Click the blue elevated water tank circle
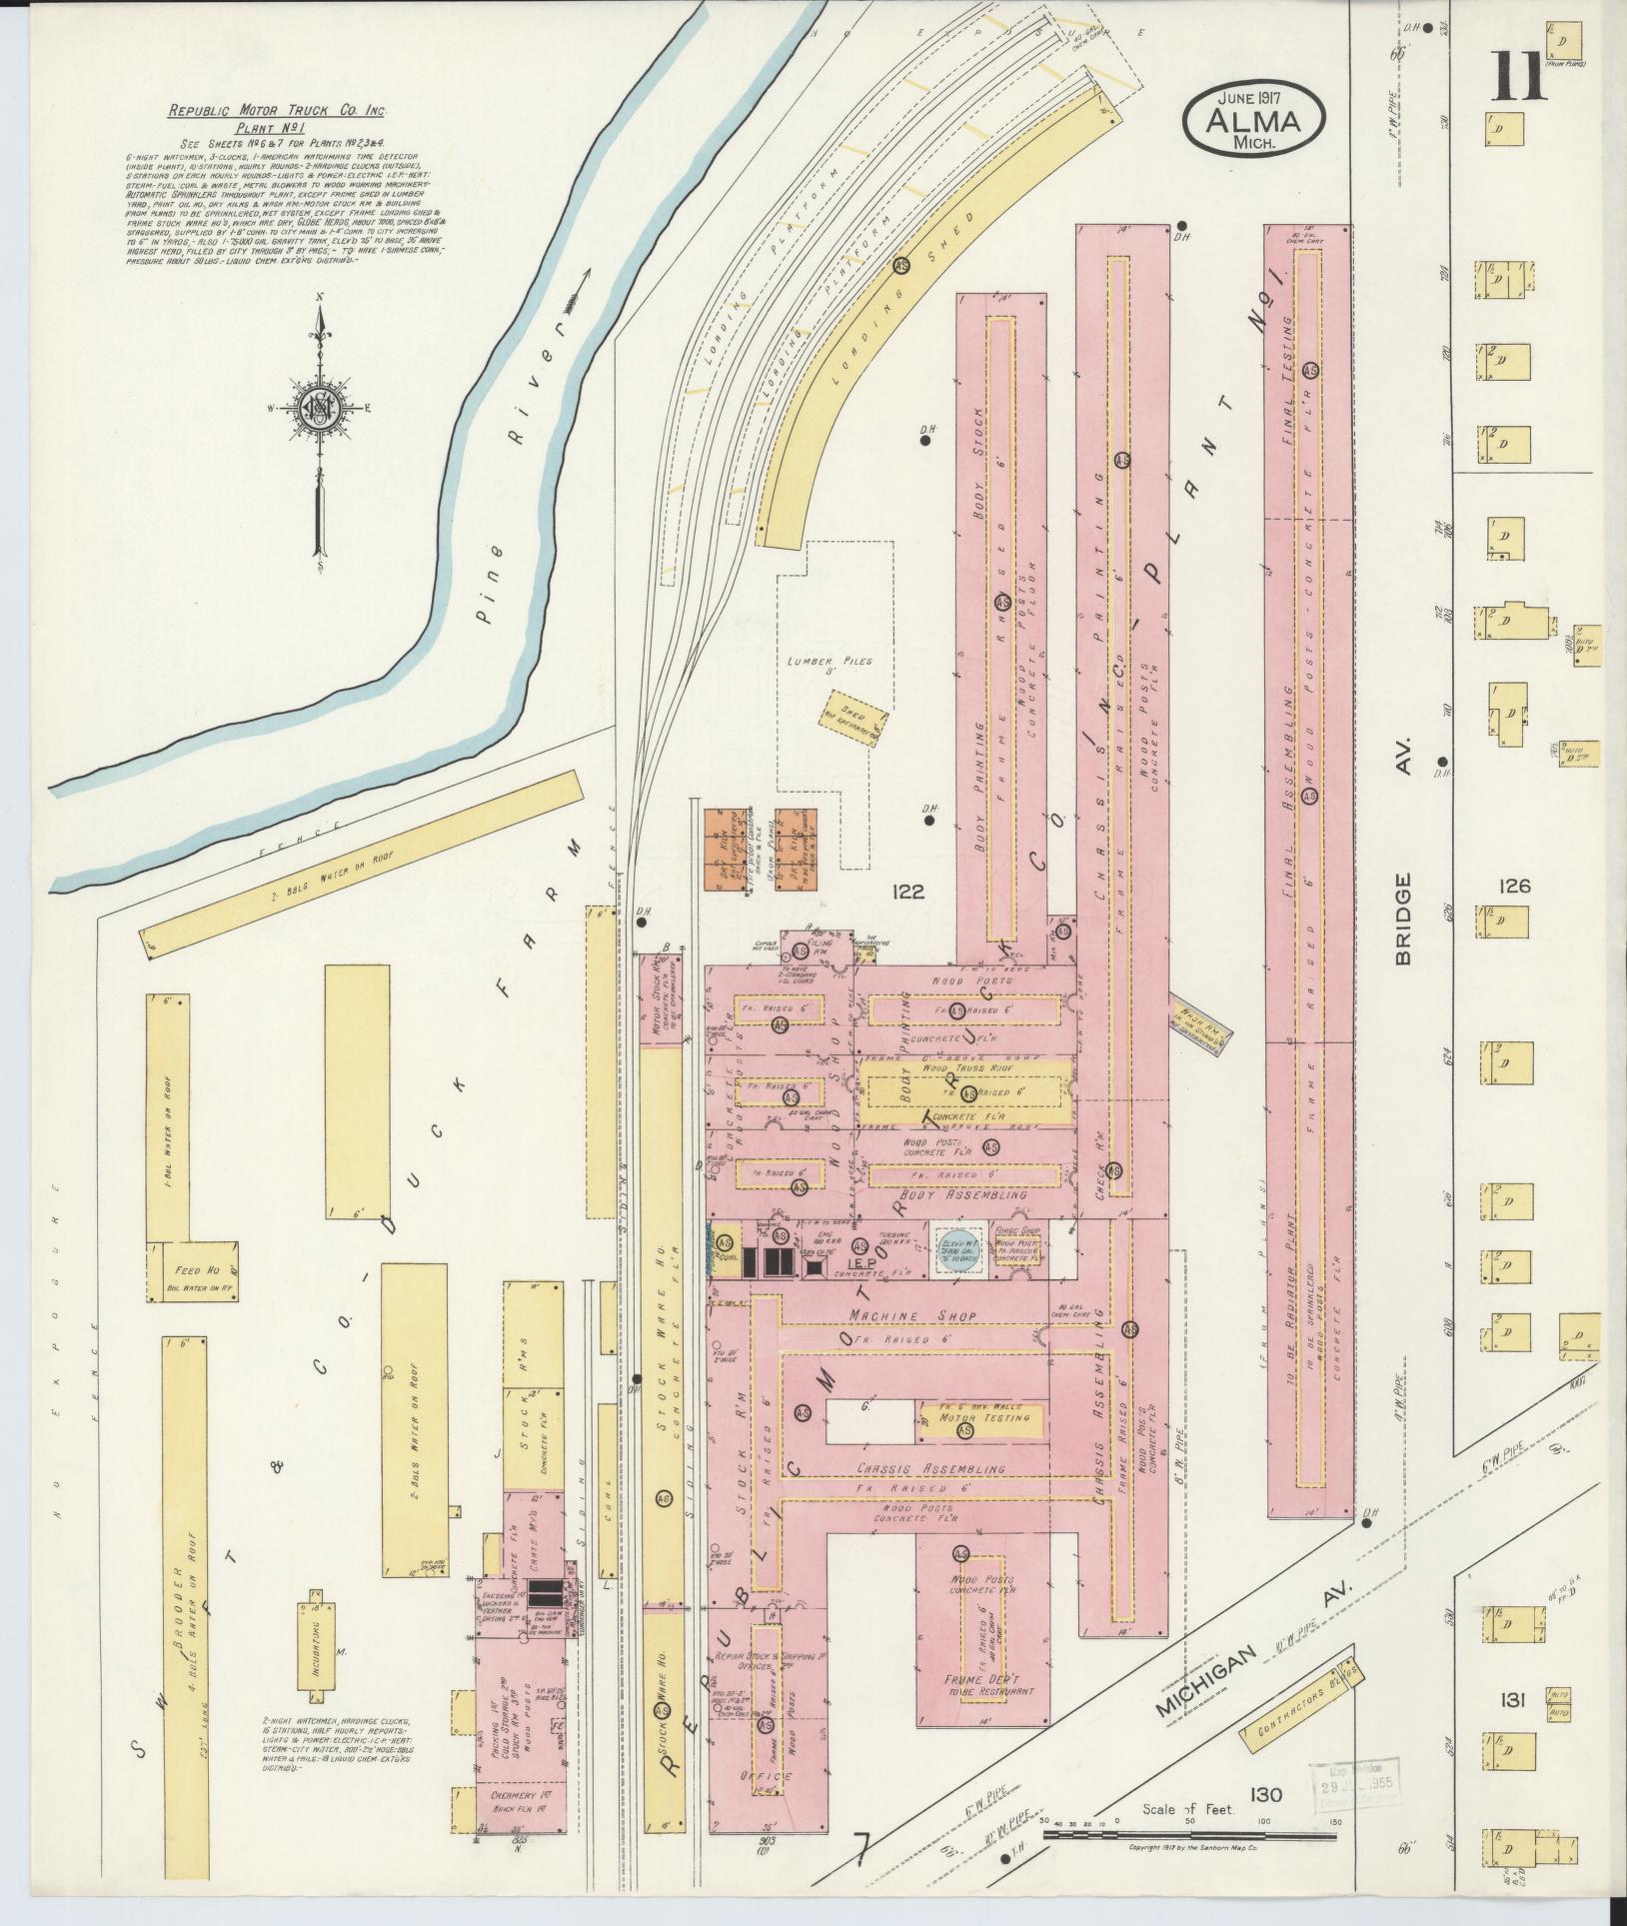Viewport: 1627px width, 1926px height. point(960,1250)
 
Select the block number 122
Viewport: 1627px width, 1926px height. point(909,892)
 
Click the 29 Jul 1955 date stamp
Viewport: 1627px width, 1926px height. point(1361,1784)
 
